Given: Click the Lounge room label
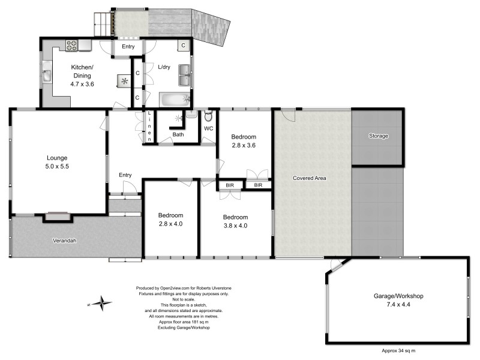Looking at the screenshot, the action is (x=57, y=158).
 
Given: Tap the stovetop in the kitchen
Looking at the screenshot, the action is (x=72, y=46).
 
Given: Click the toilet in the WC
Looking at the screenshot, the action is (x=208, y=116).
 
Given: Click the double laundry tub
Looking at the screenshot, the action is (x=185, y=75).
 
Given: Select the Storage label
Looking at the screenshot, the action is (x=379, y=136).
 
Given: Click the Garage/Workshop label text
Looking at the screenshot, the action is (x=398, y=296).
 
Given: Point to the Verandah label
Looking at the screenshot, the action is (x=65, y=241).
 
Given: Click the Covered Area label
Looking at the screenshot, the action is (x=309, y=178).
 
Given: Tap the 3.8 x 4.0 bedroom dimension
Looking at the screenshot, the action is (x=235, y=226).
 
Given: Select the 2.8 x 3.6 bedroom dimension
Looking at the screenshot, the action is (x=244, y=145).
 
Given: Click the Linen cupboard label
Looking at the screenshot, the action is (x=149, y=126).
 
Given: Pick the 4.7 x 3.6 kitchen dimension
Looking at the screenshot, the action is (x=82, y=84).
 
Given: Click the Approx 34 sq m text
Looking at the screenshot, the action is (x=398, y=351).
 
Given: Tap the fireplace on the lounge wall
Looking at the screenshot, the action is (x=57, y=217).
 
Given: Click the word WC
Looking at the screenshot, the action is (x=208, y=128).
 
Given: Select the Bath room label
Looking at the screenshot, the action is (x=178, y=134).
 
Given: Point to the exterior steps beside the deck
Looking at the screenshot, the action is (x=102, y=25).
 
